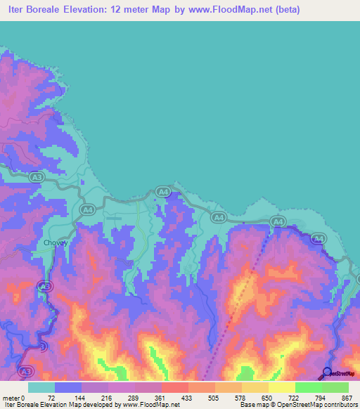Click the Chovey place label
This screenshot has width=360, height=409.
[x=56, y=243]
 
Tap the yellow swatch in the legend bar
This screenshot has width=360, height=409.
[x=281, y=387]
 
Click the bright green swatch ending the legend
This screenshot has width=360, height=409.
[x=335, y=387]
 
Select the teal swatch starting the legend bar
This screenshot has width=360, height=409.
[x=41, y=387]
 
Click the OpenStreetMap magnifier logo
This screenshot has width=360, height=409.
[x=328, y=372]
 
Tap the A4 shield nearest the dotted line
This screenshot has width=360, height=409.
[x=278, y=222]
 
